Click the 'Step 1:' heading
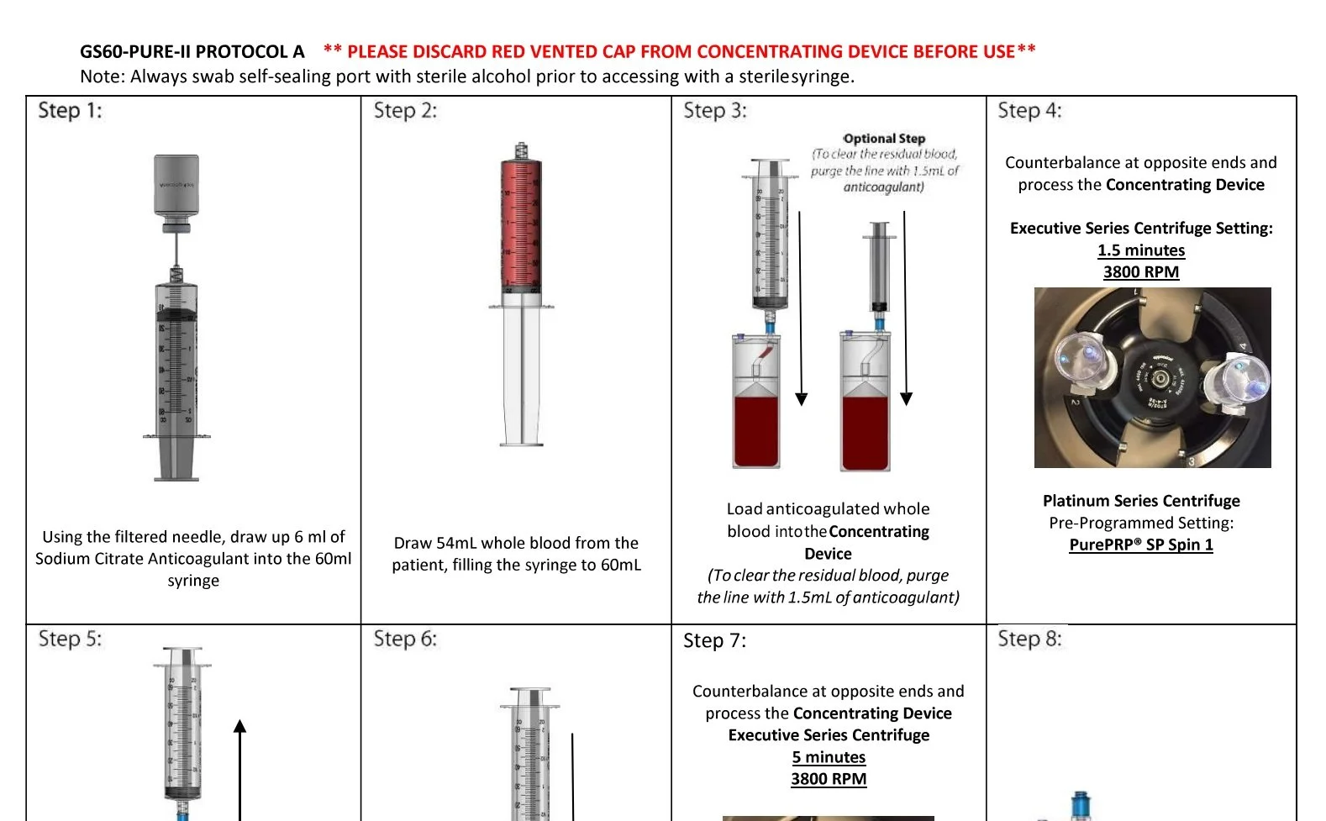tap(70, 111)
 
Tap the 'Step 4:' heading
tap(1029, 111)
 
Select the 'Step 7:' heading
tap(714, 640)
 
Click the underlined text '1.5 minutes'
tap(1140, 250)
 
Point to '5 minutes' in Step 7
tap(828, 757)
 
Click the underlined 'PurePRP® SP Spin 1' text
tap(1140, 545)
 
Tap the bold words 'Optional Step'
tap(884, 139)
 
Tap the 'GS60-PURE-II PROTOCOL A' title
tap(192, 51)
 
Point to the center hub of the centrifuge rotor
tap(1160, 379)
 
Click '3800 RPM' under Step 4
tap(1140, 272)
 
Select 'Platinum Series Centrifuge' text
tap(1140, 501)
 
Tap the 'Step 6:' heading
tap(405, 639)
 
